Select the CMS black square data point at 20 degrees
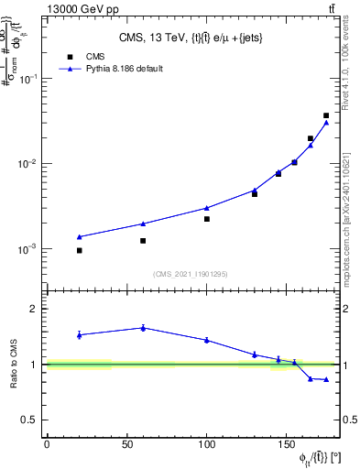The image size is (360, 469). click(x=79, y=250)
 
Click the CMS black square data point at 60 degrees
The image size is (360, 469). click(x=143, y=241)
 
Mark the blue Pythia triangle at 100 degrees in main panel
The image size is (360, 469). click(x=207, y=208)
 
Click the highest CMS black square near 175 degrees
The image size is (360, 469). click(x=326, y=115)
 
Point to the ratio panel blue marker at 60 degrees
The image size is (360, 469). click(x=143, y=328)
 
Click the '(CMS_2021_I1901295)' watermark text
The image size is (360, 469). click(x=191, y=274)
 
